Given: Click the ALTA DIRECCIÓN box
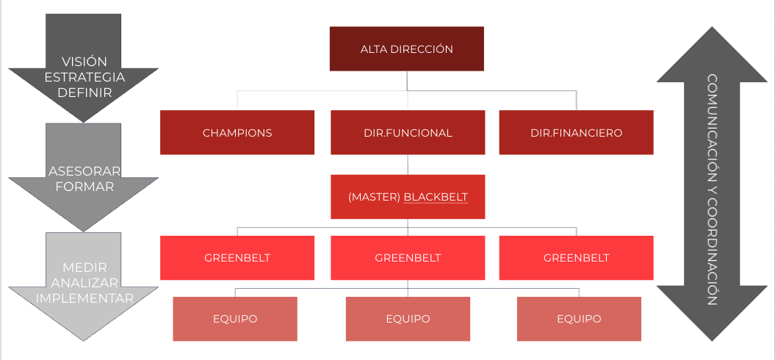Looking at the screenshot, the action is [407, 49].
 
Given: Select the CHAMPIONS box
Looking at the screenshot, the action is [237, 132].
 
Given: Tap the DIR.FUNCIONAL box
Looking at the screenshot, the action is [408, 132].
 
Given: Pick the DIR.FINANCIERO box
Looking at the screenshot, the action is [577, 132].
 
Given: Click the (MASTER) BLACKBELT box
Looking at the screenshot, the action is [408, 197].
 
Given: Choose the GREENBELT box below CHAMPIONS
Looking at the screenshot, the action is [237, 258].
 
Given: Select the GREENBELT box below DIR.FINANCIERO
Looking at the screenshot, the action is [577, 258].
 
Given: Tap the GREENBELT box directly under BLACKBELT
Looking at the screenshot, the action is [408, 258].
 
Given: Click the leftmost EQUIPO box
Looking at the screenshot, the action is [235, 319].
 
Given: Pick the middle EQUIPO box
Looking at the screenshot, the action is [408, 319].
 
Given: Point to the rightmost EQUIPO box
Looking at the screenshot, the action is [580, 319].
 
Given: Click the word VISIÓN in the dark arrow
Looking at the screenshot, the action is [84, 62].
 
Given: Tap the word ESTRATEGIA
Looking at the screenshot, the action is [84, 77].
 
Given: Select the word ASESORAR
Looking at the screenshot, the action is [84, 171].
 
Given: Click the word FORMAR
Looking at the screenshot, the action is [84, 187].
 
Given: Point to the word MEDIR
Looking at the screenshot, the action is [84, 267].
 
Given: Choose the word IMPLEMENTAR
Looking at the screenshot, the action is [84, 298].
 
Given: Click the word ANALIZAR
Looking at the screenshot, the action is [84, 283].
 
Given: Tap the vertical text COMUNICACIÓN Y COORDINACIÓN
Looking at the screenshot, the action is [713, 190].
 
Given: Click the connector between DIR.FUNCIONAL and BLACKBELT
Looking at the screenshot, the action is [408, 165].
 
